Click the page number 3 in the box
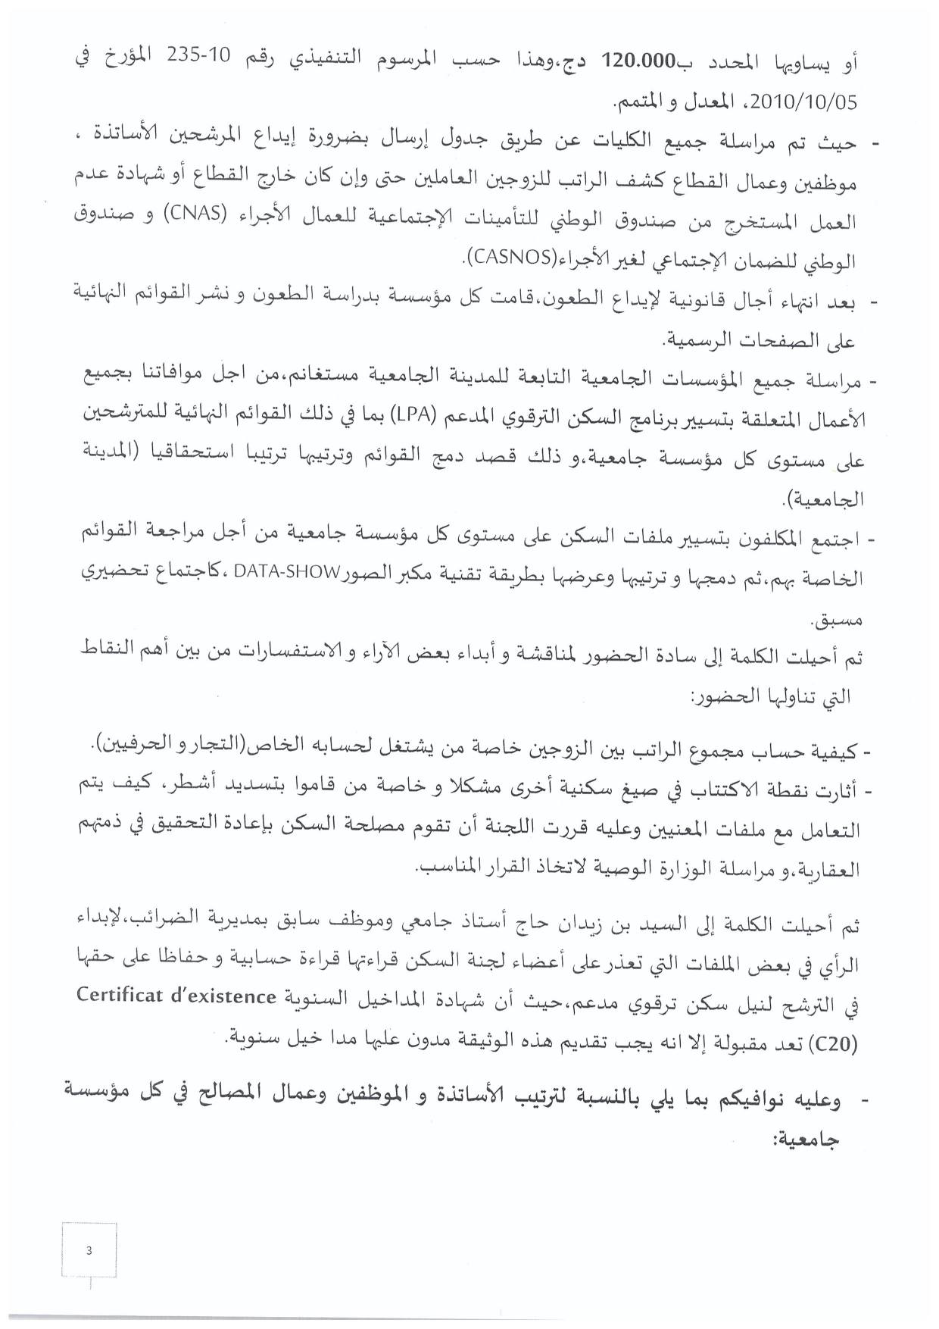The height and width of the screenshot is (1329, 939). pyautogui.click(x=89, y=1251)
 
